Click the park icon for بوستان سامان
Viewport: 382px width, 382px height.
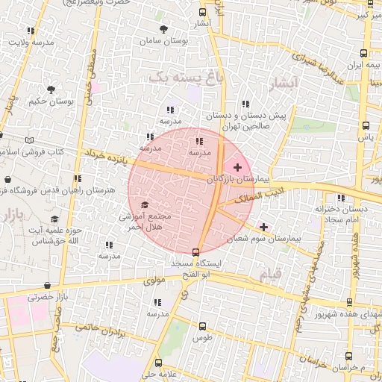pyautogui.click(x=163, y=29)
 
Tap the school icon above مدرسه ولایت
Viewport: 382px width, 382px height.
pyautogui.click(x=31, y=31)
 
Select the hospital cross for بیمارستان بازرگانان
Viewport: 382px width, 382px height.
pyautogui.click(x=237, y=167)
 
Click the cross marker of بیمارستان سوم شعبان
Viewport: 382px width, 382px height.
pyautogui.click(x=263, y=226)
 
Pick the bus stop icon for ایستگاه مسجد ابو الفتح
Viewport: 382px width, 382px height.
pyautogui.click(x=195, y=252)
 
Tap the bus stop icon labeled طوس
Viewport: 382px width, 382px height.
pyautogui.click(x=202, y=326)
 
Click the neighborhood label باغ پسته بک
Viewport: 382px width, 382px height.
pyautogui.click(x=176, y=77)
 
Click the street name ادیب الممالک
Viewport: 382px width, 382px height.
pyautogui.click(x=257, y=196)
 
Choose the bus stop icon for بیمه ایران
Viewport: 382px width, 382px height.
pyautogui.click(x=363, y=53)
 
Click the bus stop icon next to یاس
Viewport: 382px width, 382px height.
pyautogui.click(x=365, y=125)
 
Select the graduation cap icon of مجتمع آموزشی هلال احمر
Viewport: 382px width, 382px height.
pyautogui.click(x=144, y=204)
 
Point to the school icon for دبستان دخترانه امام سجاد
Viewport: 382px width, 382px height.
pyautogui.click(x=342, y=198)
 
